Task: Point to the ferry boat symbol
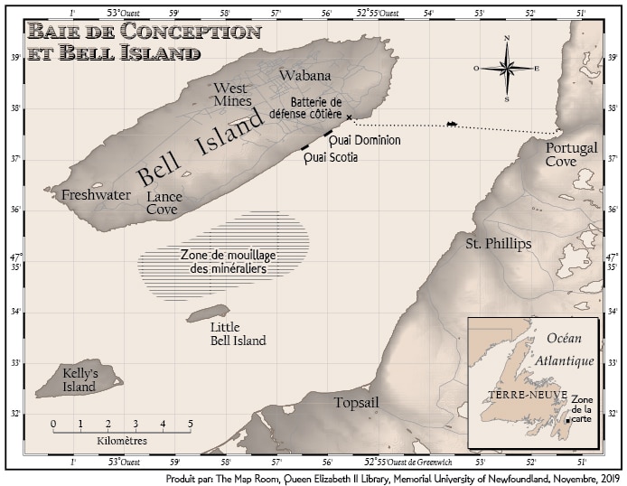451,125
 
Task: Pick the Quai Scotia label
331,157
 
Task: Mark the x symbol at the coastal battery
348,117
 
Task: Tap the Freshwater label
96,195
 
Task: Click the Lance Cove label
164,202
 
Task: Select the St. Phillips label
498,244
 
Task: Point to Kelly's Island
79,380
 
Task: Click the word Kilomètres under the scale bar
121,441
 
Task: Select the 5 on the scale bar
190,423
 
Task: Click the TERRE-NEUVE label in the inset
513,395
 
